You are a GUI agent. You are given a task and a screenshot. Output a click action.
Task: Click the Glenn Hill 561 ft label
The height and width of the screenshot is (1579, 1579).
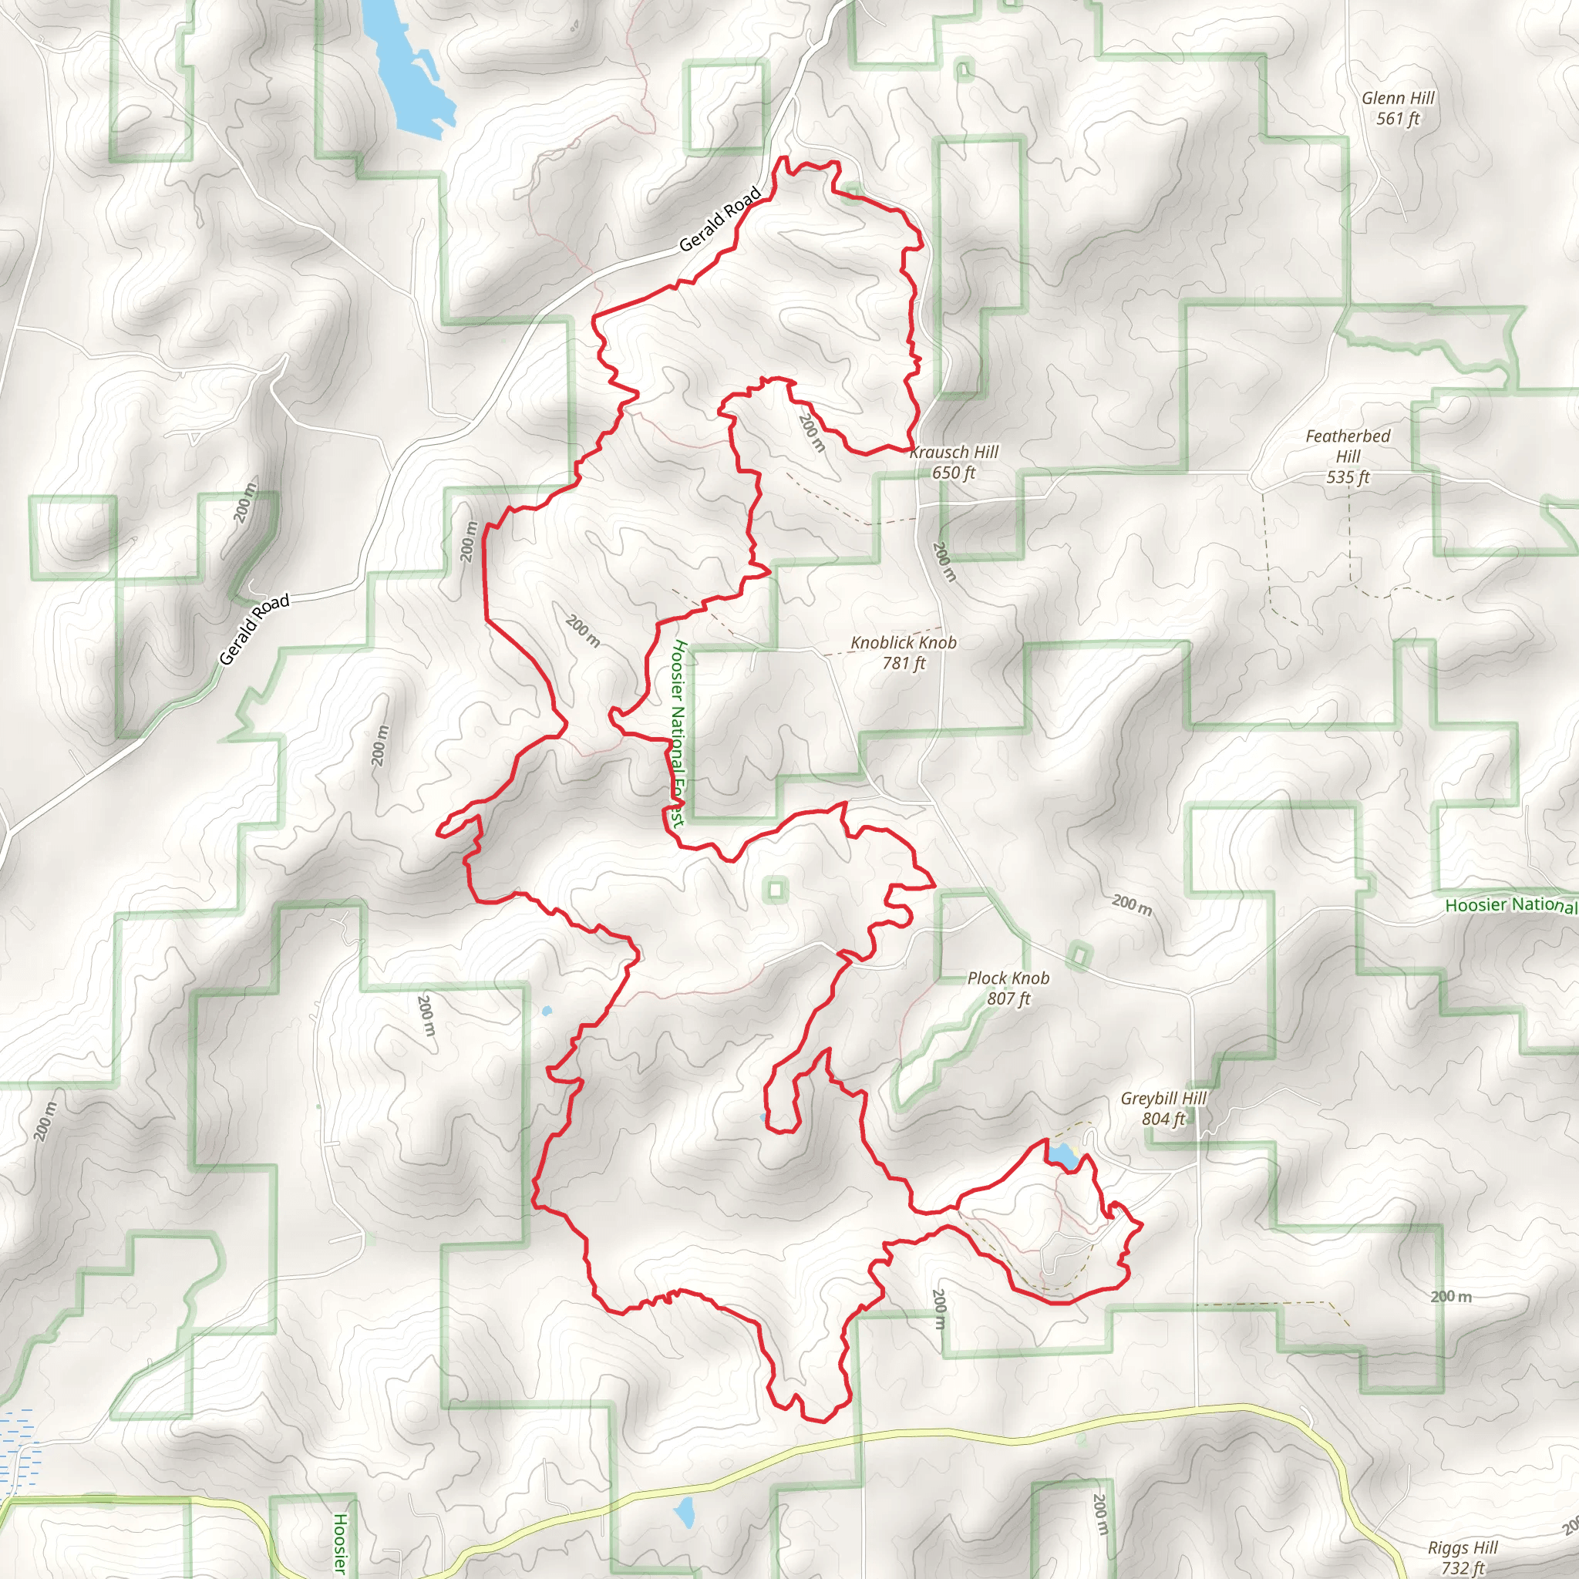[x=1398, y=108]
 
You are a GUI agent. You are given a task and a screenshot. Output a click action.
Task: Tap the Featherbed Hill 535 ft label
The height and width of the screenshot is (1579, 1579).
[x=1348, y=456]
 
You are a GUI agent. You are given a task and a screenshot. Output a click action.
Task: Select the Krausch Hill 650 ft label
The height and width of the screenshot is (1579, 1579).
[x=954, y=462]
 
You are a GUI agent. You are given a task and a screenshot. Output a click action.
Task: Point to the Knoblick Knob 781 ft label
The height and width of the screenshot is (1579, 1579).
[x=903, y=653]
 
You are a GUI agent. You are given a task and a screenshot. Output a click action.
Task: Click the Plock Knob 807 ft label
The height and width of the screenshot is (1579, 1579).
[x=1008, y=988]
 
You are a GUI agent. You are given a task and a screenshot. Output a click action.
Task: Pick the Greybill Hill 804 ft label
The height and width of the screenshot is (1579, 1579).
[x=1163, y=1108]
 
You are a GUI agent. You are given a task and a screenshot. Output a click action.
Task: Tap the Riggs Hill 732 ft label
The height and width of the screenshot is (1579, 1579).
[x=1462, y=1557]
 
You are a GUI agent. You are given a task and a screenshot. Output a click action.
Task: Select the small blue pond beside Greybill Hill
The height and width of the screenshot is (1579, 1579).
[x=1063, y=1156]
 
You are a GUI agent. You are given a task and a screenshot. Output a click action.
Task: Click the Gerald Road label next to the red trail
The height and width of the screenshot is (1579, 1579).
[x=720, y=219]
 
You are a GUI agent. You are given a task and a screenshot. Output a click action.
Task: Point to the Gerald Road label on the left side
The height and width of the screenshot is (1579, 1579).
[x=254, y=628]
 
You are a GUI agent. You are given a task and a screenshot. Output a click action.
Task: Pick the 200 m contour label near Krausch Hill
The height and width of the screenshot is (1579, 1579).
[x=812, y=433]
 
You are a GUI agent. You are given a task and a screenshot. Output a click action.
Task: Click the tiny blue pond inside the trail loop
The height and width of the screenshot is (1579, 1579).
[x=763, y=1117]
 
